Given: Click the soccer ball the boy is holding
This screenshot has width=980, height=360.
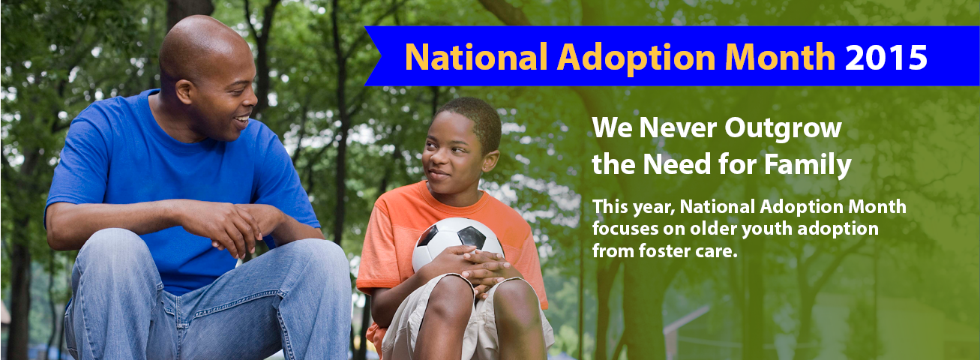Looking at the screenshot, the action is click(x=457, y=244).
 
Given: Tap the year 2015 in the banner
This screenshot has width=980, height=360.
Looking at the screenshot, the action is click(x=886, y=57).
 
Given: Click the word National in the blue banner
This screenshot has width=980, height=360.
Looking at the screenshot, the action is click(x=476, y=57).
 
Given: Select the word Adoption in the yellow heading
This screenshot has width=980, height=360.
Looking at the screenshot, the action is click(x=636, y=59).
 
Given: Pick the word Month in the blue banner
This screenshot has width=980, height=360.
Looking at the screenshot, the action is click(x=780, y=57).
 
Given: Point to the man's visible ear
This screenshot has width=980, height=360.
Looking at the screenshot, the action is click(x=184, y=91).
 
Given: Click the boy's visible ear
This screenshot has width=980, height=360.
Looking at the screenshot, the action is click(x=490, y=160).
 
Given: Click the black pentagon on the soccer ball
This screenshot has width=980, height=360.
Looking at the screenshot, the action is click(x=471, y=238).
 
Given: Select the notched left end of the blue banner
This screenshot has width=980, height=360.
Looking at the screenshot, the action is click(x=373, y=56).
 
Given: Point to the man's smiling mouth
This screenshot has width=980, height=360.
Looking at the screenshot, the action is click(x=242, y=121).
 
